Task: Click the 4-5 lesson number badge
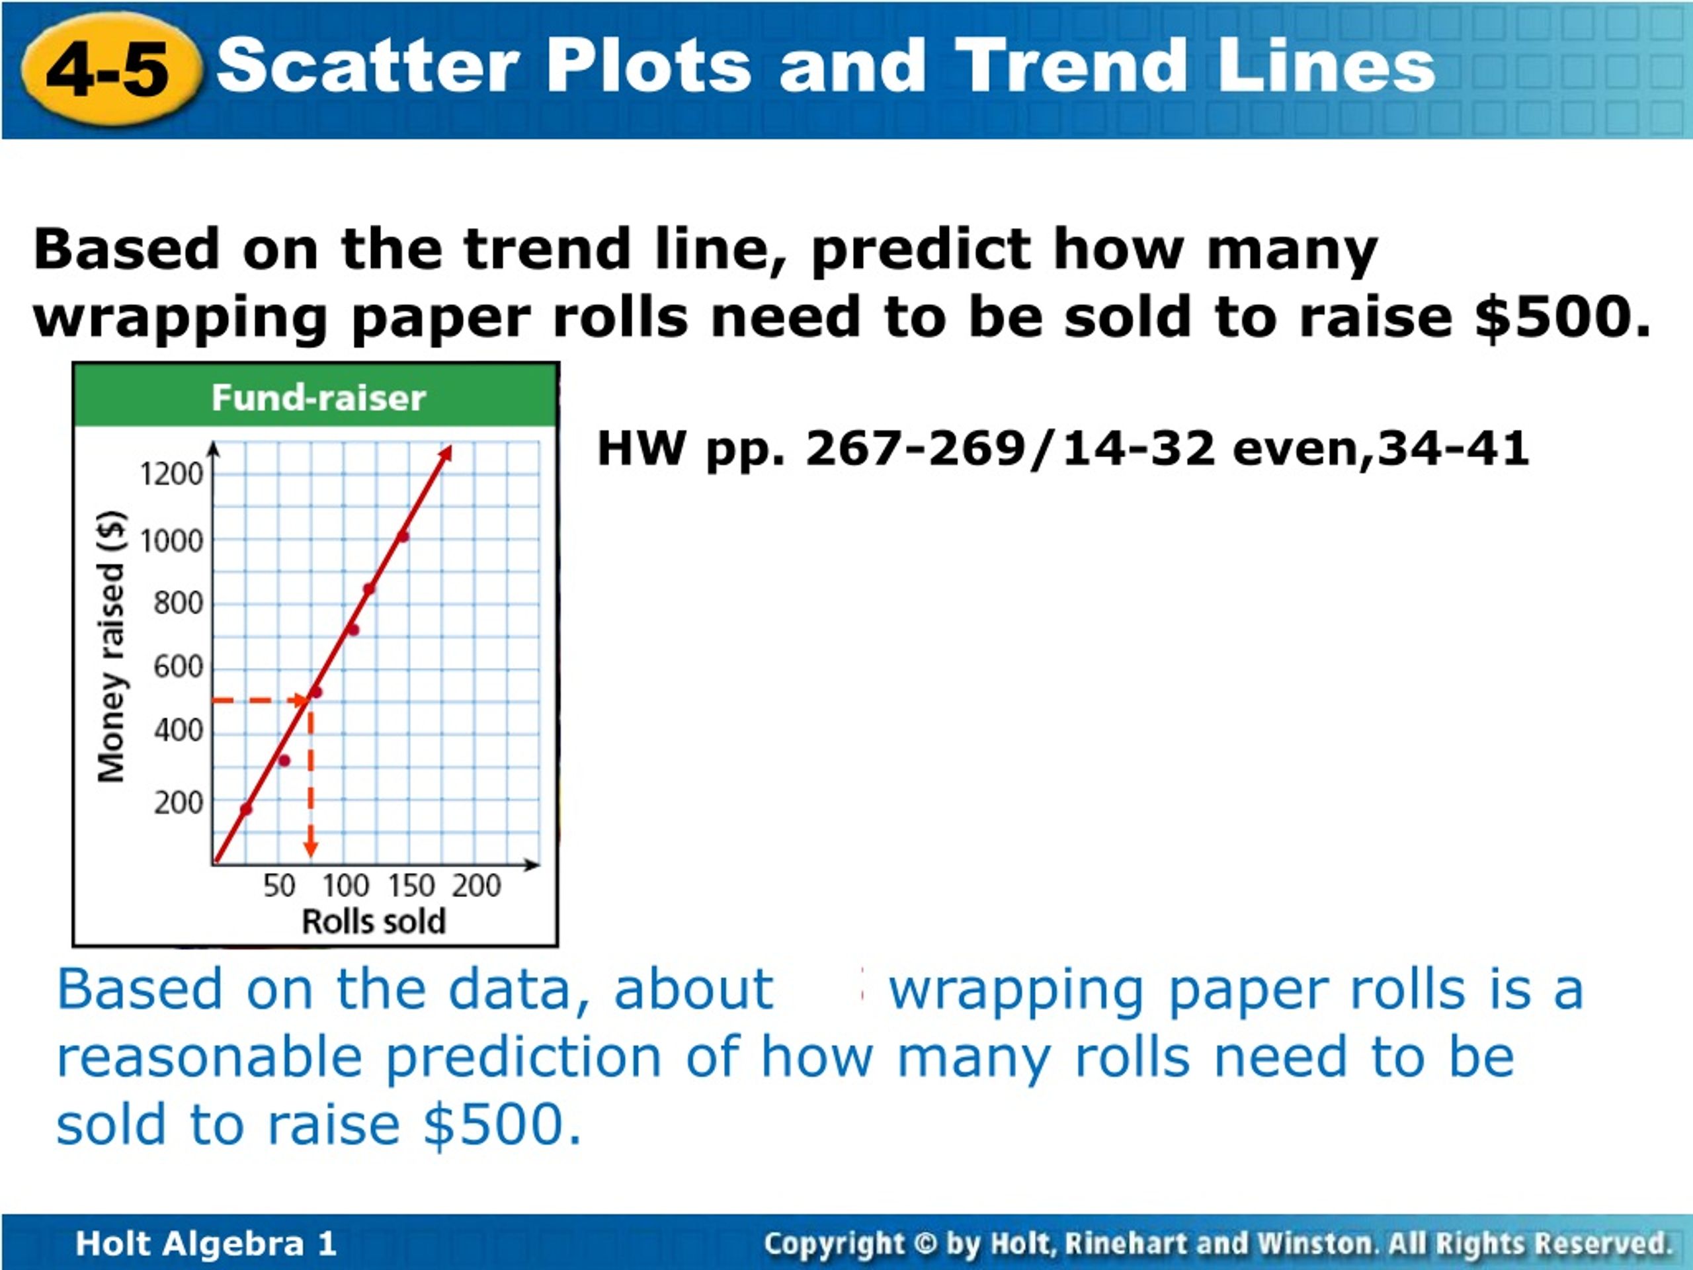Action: [x=111, y=69]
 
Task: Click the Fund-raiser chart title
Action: [x=318, y=398]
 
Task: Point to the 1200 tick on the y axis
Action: [x=171, y=474]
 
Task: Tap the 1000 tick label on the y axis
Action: [x=171, y=541]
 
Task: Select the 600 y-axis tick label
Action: [x=179, y=667]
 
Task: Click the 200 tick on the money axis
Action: [x=179, y=802]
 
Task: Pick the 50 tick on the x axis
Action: [x=279, y=886]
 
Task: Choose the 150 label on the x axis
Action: [x=411, y=886]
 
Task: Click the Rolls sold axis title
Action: [x=374, y=921]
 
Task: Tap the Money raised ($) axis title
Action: [x=112, y=646]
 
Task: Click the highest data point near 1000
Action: [x=403, y=536]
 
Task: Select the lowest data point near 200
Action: [x=247, y=809]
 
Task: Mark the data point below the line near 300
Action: [x=284, y=760]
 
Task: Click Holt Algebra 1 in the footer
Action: [x=206, y=1243]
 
